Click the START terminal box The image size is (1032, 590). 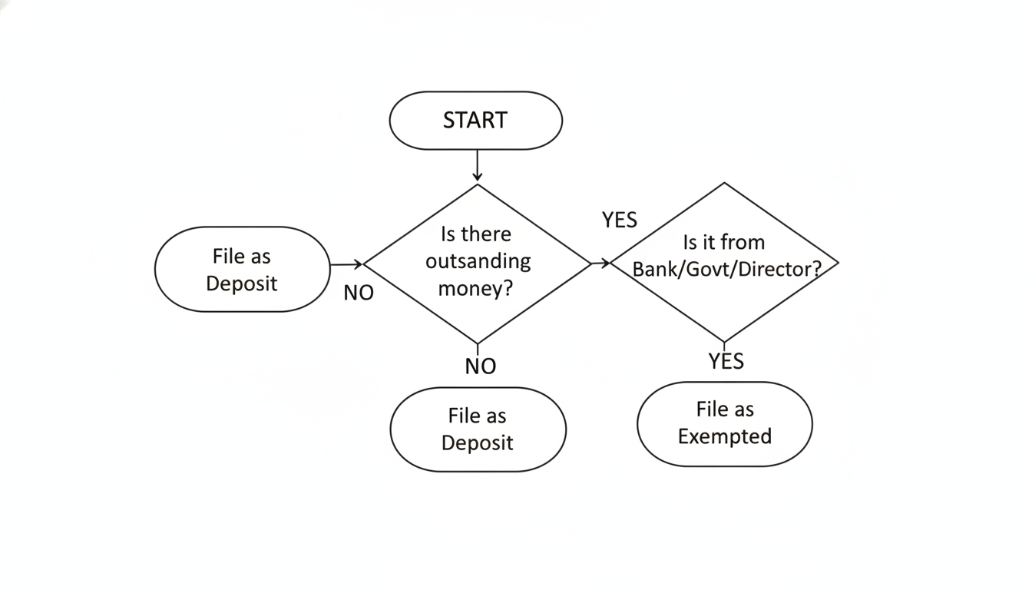coord(476,121)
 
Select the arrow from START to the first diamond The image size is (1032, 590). coord(478,165)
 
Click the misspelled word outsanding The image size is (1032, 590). coord(478,261)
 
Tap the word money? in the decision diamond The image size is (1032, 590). coord(475,289)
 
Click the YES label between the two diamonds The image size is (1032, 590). coord(619,220)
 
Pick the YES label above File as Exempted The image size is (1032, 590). coord(726,361)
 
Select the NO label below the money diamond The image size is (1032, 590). coord(481,366)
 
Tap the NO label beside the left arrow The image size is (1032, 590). coord(359,293)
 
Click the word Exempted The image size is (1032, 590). coord(724,437)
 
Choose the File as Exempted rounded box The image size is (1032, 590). coord(724,424)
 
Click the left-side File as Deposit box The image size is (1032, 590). coord(242,269)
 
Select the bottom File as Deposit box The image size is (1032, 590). coord(478,429)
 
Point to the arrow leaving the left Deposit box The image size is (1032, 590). coord(346,264)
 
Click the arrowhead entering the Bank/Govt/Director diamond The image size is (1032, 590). coord(606,264)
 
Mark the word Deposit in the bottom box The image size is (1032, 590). coord(477,443)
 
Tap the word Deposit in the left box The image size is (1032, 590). coord(241,283)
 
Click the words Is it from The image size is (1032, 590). coord(723,243)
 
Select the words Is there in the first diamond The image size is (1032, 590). coord(476,234)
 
